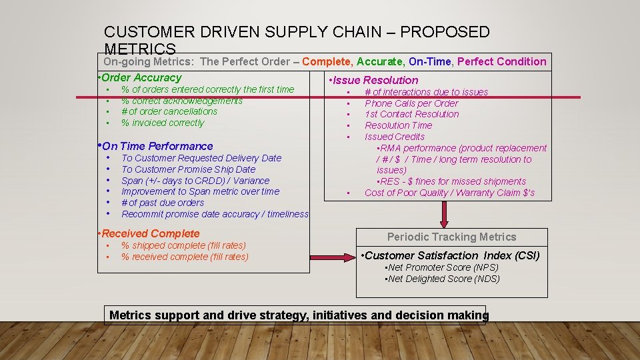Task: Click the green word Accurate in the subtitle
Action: (x=379, y=61)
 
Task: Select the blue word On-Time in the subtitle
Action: (x=430, y=61)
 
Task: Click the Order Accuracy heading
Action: (x=141, y=78)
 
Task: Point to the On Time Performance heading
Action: (x=157, y=146)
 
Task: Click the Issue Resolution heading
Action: (x=373, y=80)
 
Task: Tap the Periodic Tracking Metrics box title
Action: (x=451, y=237)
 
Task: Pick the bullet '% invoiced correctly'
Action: (x=163, y=123)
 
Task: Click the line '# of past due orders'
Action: (x=163, y=203)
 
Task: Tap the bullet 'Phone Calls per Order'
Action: (x=411, y=103)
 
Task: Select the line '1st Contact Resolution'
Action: (x=412, y=114)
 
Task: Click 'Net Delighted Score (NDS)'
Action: (x=443, y=279)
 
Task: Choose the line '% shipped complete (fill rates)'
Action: (x=183, y=245)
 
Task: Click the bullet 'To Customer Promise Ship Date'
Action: (x=188, y=169)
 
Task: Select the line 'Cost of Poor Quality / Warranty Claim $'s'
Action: (x=449, y=193)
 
